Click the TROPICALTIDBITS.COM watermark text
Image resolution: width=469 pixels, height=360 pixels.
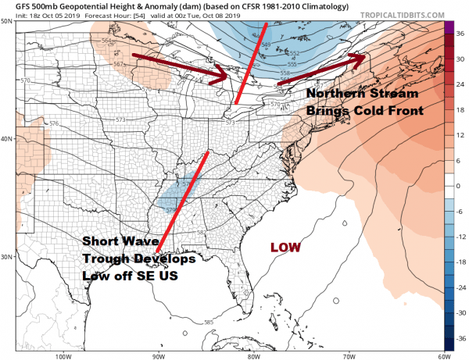click(x=404, y=13)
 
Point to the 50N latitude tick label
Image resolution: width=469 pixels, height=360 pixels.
click(x=6, y=22)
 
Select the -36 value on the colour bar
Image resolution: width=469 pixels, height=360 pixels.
click(x=461, y=340)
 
